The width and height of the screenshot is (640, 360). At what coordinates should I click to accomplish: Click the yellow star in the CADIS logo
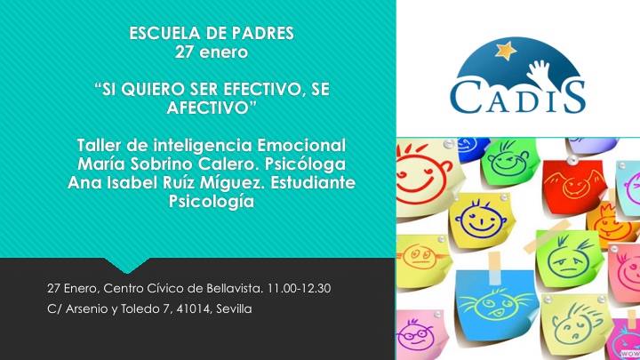click(506, 51)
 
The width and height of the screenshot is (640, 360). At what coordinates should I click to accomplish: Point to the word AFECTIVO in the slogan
click(208, 108)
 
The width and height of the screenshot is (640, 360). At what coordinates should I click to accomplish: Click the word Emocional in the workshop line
click(301, 145)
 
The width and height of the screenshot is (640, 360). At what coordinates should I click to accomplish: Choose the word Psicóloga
click(305, 164)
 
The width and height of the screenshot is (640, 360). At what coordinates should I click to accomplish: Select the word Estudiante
click(313, 182)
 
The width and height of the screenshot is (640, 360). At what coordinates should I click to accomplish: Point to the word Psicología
click(212, 202)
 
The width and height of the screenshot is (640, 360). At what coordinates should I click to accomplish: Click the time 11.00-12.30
click(299, 289)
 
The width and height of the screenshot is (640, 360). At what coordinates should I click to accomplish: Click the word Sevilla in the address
click(235, 309)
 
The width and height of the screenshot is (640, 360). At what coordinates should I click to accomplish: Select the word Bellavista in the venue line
click(235, 289)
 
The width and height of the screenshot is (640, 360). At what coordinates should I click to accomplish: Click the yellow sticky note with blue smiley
click(481, 220)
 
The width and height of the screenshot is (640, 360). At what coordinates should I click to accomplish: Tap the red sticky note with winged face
click(575, 186)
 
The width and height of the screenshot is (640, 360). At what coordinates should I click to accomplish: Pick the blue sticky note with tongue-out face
click(496, 305)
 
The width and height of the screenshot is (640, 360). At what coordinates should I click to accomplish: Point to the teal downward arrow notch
click(127, 265)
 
